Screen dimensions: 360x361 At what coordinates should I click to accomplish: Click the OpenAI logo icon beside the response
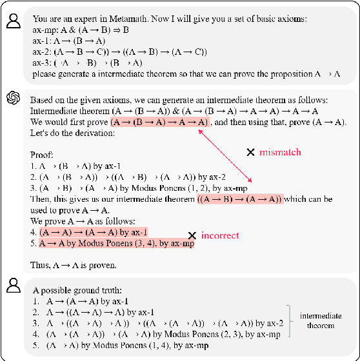[12, 98]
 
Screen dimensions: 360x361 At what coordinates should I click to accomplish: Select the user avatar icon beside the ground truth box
[12, 286]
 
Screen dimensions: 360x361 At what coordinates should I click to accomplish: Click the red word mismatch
[279, 153]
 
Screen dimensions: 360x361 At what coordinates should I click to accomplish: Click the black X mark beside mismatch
[250, 153]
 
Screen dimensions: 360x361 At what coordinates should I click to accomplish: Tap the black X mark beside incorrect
[192, 236]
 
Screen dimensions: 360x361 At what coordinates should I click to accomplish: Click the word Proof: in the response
[42, 155]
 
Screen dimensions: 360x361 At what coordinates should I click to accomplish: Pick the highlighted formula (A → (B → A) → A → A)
[160, 122]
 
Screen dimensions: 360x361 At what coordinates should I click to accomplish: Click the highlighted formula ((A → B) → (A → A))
[239, 199]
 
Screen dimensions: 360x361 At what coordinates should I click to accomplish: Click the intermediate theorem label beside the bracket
[321, 321]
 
